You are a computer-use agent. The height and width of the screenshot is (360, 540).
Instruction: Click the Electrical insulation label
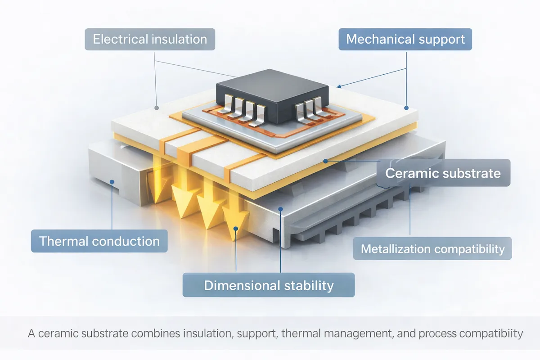(150, 39)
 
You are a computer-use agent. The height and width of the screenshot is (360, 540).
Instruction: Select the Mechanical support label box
(405, 39)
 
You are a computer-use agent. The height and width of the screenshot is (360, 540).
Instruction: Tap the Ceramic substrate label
(443, 173)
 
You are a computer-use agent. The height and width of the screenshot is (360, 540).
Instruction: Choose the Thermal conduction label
(99, 241)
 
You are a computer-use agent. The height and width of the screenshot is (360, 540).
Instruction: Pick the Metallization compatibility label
(432, 248)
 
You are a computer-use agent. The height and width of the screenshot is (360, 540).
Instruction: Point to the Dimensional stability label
(269, 285)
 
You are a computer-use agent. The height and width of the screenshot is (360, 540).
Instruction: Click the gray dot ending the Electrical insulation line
(157, 108)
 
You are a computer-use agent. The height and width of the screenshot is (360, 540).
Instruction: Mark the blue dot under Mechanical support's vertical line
(406, 108)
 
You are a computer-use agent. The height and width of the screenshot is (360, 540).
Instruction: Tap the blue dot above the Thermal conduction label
(112, 182)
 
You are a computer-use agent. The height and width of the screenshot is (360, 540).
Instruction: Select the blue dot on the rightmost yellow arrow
(236, 228)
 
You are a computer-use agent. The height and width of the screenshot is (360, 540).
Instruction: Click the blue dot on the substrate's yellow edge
(325, 161)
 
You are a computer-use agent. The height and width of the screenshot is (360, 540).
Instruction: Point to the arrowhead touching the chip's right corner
(339, 86)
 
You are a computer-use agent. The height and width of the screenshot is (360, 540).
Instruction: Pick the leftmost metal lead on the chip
(228, 104)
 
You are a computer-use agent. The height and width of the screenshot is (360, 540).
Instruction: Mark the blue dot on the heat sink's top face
(280, 209)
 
